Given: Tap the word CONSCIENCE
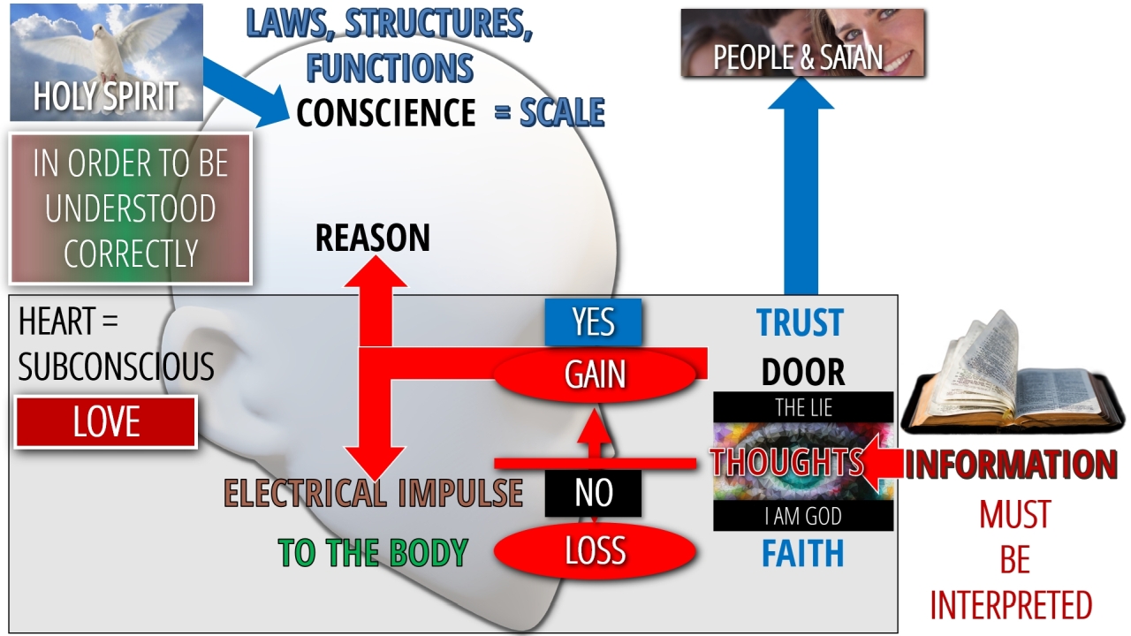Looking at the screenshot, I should click(x=386, y=113).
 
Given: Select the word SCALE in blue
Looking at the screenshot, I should click(x=562, y=113).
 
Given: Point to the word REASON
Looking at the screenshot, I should click(x=372, y=238).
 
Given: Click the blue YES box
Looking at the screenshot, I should click(x=593, y=322).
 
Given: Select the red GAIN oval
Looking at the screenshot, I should click(x=596, y=375).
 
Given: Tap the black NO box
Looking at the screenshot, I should click(x=593, y=493).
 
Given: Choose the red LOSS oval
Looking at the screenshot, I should click(x=595, y=551).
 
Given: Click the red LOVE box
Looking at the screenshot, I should click(x=106, y=422).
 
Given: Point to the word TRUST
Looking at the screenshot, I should click(x=800, y=323).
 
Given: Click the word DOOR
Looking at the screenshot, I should click(x=802, y=373).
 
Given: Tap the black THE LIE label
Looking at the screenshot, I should click(x=803, y=407).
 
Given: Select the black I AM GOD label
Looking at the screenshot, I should click(x=803, y=516).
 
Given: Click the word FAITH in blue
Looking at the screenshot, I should click(x=802, y=554).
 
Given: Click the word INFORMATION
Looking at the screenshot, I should click(x=1011, y=465).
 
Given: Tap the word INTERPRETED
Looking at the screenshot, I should click(x=1011, y=606).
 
